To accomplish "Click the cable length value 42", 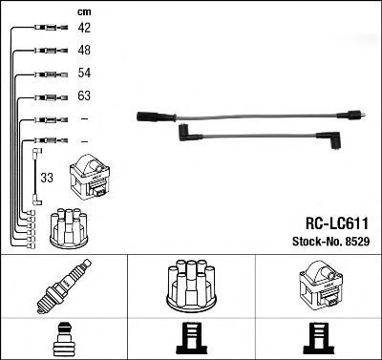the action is pos(84,28).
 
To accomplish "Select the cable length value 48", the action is pos(84,50).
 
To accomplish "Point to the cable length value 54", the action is pos(84,73).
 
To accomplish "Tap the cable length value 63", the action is pos(84,95).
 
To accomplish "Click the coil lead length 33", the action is pos(47,178).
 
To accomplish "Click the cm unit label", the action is pos(84,12).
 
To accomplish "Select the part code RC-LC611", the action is pos(337,223).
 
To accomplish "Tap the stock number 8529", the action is pos(357,242).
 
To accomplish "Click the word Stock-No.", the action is pos(317,242).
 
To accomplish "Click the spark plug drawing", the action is pos(64,286).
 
